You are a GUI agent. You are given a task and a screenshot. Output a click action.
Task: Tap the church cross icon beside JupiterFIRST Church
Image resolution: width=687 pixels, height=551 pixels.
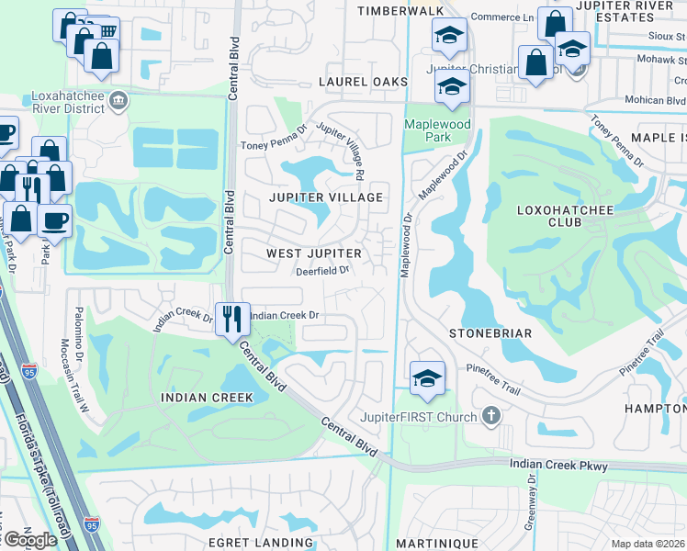click(x=491, y=417)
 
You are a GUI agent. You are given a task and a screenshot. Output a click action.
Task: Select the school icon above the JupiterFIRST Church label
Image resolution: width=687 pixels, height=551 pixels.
click(x=427, y=378)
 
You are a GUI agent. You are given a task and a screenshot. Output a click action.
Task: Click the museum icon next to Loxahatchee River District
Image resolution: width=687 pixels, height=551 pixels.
click(x=118, y=99)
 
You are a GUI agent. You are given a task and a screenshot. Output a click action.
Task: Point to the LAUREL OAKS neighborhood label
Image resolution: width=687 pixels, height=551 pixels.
click(x=363, y=82)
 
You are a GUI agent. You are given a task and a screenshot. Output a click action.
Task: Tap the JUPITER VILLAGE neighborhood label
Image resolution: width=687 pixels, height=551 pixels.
click(x=325, y=197)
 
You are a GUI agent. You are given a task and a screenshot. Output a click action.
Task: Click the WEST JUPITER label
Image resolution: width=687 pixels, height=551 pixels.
click(x=314, y=253)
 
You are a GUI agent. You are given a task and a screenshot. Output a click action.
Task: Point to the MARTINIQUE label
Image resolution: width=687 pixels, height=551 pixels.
click(x=437, y=543)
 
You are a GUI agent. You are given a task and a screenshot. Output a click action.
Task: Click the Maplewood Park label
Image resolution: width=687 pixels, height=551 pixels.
click(x=438, y=130)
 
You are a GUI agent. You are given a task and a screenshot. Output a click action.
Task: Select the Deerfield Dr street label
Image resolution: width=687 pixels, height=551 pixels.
click(x=322, y=270)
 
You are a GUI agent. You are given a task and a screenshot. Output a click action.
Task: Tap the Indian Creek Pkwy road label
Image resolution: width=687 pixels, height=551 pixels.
click(x=558, y=467)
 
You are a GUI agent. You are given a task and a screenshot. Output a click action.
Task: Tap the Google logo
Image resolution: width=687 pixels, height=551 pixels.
click(x=30, y=540)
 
